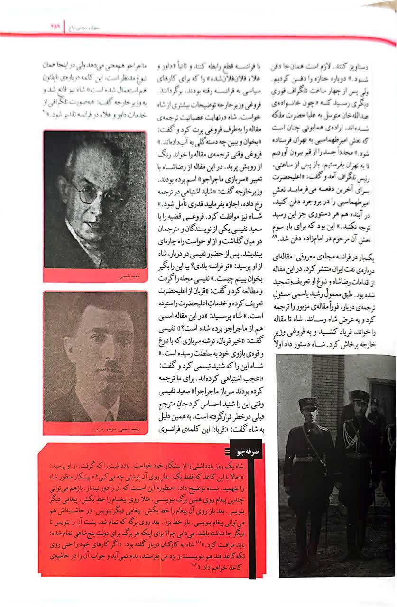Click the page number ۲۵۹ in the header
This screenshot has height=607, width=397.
(x=55, y=28)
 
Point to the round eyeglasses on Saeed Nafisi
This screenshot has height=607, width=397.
(x=88, y=193)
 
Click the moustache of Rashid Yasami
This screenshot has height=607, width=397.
(x=113, y=367)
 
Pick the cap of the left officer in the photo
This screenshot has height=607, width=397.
(x=309, y=404)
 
